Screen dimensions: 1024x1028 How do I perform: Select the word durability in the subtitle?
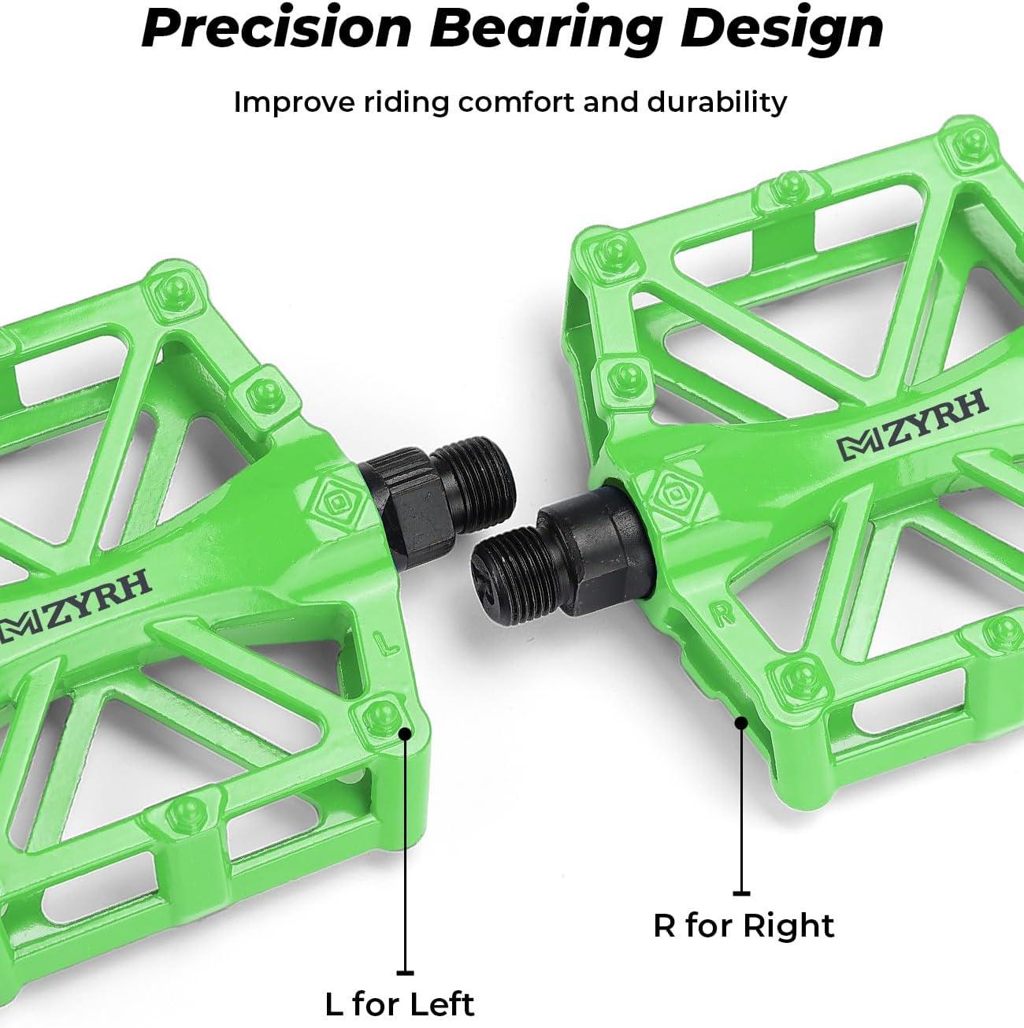coord(717,102)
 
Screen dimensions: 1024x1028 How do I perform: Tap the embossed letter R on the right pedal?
coord(722,614)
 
